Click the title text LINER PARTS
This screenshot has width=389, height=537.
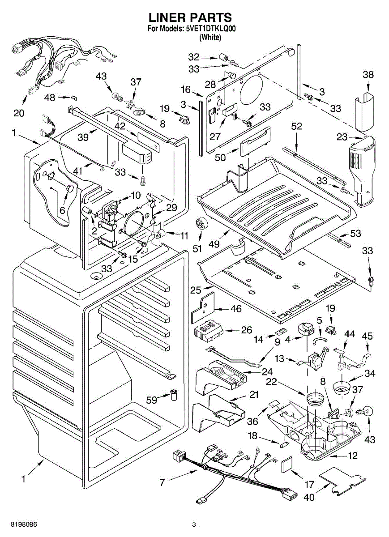pyautogui.click(x=190, y=17)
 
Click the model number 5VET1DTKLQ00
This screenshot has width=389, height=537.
pyautogui.click(x=210, y=29)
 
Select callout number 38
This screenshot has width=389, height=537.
pyautogui.click(x=368, y=75)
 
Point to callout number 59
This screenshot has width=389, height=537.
pyautogui.click(x=152, y=400)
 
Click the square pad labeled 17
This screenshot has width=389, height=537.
pyautogui.click(x=286, y=465)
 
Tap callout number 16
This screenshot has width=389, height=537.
pyautogui.click(x=186, y=89)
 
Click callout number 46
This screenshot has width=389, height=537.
pyautogui.click(x=235, y=309)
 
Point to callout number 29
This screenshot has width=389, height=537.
pyautogui.click(x=171, y=208)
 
